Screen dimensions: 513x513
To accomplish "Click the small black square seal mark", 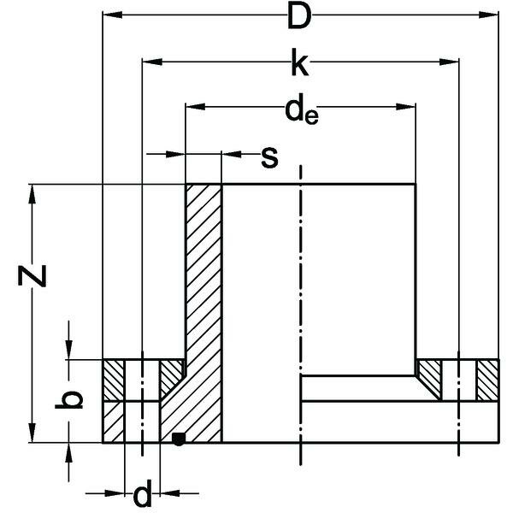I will pyautogui.click(x=178, y=439).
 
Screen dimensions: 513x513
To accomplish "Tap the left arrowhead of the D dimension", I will pyautogui.click(x=109, y=15).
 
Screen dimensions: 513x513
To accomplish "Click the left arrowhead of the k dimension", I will pyautogui.click(x=148, y=62).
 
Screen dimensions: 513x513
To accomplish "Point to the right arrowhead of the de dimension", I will pyautogui.click(x=410, y=106).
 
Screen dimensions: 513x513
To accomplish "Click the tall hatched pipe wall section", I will pyautogui.click(x=204, y=282).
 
